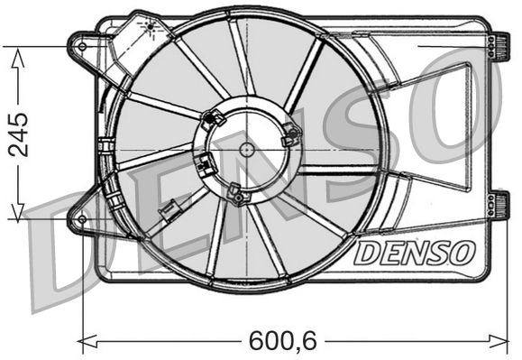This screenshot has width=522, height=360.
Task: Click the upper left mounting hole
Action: pyautogui.click(x=83, y=45)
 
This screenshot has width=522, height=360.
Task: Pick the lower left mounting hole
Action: pyautogui.click(x=82, y=218)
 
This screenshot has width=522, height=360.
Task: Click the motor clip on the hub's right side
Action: pyautogui.click(x=290, y=135)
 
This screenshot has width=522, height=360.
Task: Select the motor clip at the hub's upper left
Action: pyautogui.click(x=214, y=117)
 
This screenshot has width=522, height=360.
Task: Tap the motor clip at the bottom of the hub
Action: pyautogui.click(x=236, y=193)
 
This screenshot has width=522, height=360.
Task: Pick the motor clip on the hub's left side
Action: pyautogui.click(x=206, y=164)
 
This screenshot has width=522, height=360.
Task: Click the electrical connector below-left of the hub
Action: pyautogui.click(x=168, y=213)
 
